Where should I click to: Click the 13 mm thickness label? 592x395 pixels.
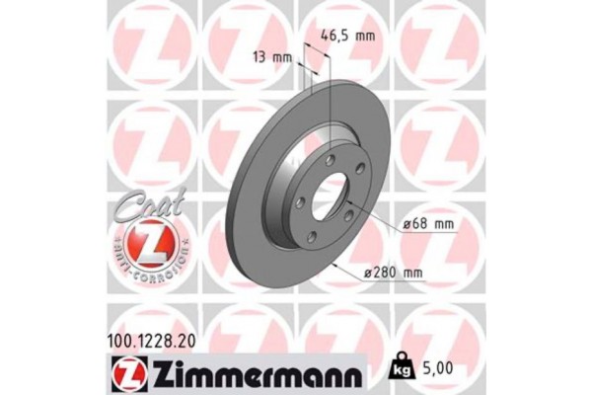[x=273, y=56]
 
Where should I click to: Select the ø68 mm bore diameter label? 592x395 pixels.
[x=428, y=225]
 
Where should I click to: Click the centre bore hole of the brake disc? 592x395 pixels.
[x=328, y=197]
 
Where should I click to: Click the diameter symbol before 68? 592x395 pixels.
[x=407, y=226]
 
